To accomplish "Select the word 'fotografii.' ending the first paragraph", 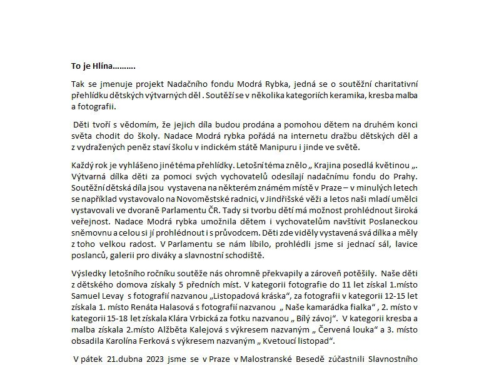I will click(x=92, y=106).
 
